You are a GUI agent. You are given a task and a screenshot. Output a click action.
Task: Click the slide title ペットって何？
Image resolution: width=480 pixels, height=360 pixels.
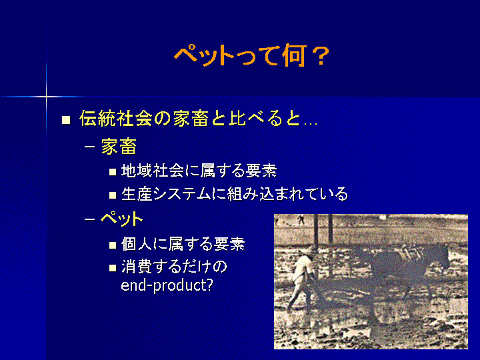point(251,56)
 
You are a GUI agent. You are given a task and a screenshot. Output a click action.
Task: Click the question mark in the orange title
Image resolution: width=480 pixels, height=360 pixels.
point(321,56)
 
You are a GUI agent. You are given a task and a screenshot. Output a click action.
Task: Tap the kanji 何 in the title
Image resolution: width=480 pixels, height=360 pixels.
point(294,56)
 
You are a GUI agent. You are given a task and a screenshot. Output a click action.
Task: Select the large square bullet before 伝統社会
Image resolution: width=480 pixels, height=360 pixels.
point(66,119)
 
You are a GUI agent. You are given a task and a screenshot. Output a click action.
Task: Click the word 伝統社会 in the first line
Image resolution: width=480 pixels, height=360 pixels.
point(116,118)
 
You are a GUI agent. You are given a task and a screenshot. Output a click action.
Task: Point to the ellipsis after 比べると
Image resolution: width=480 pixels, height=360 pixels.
point(311,124)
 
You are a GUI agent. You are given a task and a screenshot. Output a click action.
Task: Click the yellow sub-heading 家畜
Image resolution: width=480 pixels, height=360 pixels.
point(119,147)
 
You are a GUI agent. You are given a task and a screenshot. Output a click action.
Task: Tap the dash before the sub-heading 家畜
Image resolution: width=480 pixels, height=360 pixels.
point(89,147)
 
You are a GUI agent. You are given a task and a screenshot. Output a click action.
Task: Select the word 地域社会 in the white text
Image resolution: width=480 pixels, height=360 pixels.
point(152,171)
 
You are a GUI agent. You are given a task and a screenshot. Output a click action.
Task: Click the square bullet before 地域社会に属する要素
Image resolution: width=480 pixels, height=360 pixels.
point(113,171)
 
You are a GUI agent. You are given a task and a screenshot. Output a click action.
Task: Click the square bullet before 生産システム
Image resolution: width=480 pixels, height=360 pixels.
point(113,195)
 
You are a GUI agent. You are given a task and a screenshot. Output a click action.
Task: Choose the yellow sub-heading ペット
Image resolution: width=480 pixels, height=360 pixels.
point(122,219)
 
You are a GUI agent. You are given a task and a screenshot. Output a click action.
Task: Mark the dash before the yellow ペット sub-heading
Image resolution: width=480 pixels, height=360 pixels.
point(89,219)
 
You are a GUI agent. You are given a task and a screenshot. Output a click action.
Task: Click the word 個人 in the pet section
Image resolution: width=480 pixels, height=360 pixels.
point(137,244)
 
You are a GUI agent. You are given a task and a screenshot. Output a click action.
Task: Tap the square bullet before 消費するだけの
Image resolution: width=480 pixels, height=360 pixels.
point(113,268)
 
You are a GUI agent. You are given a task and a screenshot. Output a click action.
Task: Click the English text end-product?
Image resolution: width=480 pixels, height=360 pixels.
point(167,285)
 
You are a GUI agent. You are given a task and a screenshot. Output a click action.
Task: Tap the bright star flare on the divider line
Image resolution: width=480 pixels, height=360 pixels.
point(46,97)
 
